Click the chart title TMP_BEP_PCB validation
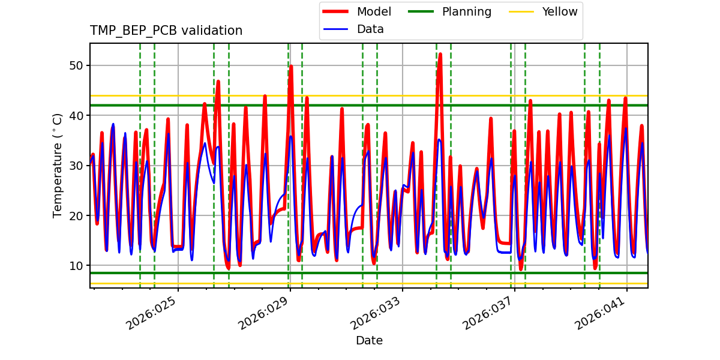coord(166,31)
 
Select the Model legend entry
coord(373,11)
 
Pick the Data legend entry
coord(370,29)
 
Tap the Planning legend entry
coord(466,11)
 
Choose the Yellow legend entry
coord(559,11)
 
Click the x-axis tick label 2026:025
coord(152,315)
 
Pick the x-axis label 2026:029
coord(265,315)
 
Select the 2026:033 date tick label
coord(377,315)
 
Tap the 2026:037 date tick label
coord(489,315)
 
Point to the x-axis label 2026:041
coord(601,315)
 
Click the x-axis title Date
coord(369,341)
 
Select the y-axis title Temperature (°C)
coord(58,166)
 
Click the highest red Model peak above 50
coord(440,54)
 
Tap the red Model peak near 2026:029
coord(291,67)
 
